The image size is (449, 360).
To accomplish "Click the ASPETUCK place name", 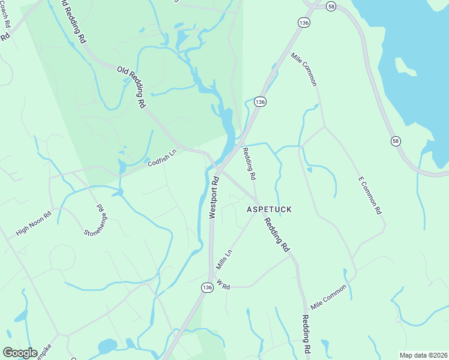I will [x=269, y=209].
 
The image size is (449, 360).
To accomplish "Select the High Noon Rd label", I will [x=34, y=223].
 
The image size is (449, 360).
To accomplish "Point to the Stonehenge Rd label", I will [x=95, y=220].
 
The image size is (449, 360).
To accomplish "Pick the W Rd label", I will [x=223, y=286].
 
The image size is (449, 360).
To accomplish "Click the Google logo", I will [x=20, y=352].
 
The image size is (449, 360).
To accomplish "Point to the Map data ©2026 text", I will [x=423, y=355].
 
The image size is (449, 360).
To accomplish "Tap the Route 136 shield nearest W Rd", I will [x=207, y=287].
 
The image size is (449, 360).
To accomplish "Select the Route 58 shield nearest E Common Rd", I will [x=396, y=140].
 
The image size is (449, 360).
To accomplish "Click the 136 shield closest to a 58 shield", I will [x=303, y=22].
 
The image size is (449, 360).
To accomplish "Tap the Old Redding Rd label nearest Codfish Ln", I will [x=131, y=86].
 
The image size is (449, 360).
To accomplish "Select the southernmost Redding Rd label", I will [x=306, y=334].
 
